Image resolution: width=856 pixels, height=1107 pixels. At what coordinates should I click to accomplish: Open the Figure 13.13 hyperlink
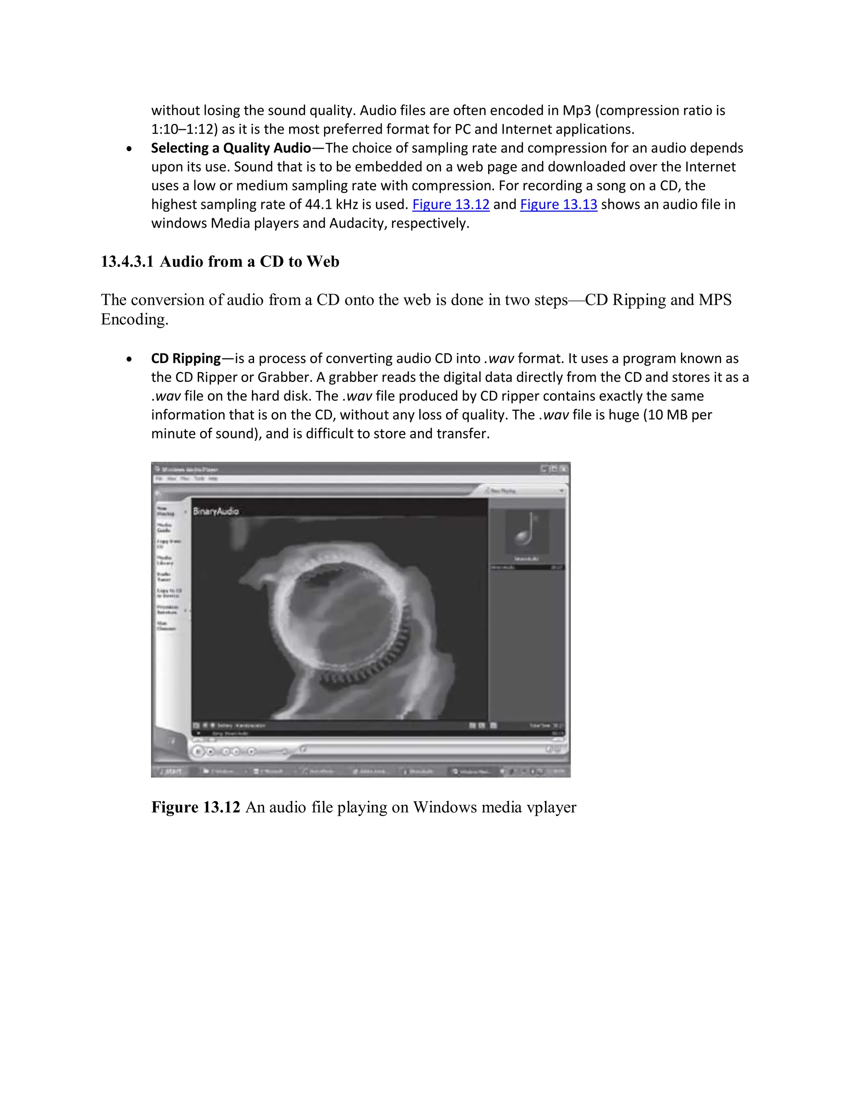[558, 204]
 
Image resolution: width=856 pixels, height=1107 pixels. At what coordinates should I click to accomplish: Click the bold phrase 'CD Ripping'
[186, 358]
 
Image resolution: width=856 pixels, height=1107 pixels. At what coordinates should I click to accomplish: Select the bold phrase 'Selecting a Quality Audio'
[231, 148]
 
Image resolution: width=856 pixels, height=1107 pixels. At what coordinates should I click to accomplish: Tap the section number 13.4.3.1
[127, 262]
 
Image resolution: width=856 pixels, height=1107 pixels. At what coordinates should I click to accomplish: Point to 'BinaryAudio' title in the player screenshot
[216, 511]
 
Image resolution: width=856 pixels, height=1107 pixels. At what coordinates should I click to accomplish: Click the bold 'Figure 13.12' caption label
[195, 807]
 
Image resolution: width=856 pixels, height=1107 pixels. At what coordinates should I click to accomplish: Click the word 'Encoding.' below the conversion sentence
[135, 319]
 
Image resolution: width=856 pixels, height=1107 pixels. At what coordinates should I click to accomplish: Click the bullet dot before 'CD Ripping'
[130, 359]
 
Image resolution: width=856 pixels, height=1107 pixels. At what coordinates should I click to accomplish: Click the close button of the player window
[563, 469]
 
